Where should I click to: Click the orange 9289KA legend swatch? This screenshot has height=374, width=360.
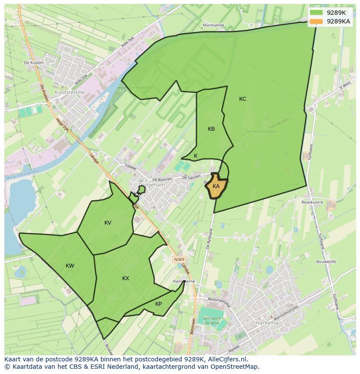(x=317, y=21)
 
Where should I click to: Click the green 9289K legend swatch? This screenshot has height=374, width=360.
(x=317, y=13)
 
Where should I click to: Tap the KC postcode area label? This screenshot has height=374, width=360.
(x=243, y=99)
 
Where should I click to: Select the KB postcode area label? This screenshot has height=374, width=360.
(x=211, y=129)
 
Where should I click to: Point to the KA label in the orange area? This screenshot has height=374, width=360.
(x=216, y=186)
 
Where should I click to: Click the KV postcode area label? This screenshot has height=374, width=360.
(x=108, y=223)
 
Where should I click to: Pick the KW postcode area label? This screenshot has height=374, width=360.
(x=70, y=266)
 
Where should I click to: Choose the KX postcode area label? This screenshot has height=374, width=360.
(x=126, y=278)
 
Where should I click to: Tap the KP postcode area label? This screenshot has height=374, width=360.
(x=158, y=304)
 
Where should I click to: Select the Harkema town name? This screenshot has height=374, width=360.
(x=267, y=323)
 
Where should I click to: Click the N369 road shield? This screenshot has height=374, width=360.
(x=179, y=259)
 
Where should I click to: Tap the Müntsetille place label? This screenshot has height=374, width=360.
(x=213, y=26)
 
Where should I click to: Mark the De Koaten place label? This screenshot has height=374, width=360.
(x=34, y=63)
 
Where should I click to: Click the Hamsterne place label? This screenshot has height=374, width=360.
(x=183, y=281)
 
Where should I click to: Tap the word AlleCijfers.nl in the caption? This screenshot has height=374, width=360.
(x=227, y=359)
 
